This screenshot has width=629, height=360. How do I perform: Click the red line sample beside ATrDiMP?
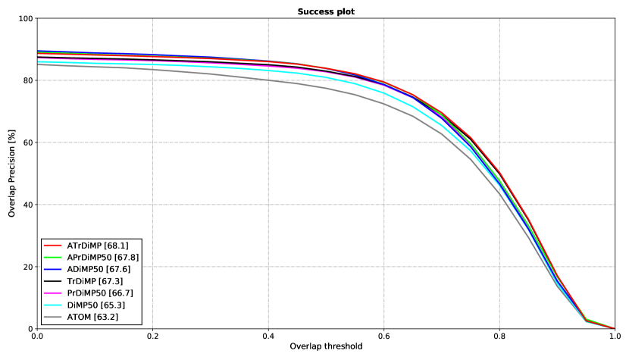pos(52,246)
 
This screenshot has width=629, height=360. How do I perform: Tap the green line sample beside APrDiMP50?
pos(52,258)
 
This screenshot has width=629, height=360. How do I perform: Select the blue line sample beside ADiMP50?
pos(52,269)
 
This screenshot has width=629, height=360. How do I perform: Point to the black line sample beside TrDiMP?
pos(52,281)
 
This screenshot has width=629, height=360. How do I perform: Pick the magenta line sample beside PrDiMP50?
pos(52,293)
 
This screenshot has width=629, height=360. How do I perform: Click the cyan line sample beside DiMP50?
pos(52,305)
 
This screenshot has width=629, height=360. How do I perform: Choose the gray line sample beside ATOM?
pos(52,317)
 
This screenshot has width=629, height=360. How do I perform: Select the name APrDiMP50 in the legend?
pos(89,258)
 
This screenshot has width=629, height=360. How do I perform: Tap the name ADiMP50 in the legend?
pos(86,269)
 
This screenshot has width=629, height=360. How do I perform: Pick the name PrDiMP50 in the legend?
pos(86,293)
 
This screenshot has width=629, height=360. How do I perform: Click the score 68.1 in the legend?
pos(116,246)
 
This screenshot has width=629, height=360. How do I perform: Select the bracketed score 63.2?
pos(106,317)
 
